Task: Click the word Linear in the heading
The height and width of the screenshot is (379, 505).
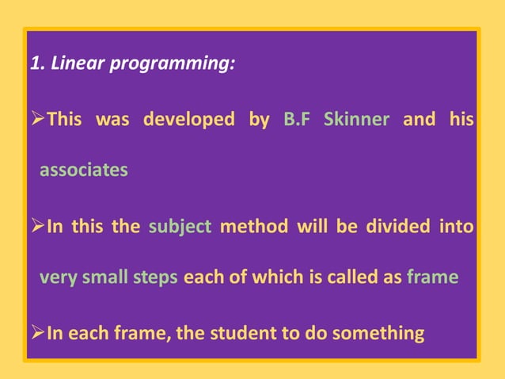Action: pyautogui.click(x=78, y=63)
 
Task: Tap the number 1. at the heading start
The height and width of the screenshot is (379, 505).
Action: pyautogui.click(x=37, y=63)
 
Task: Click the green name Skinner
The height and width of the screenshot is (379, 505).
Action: pyautogui.click(x=356, y=120)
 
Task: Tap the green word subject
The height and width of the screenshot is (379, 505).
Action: pyautogui.click(x=180, y=227)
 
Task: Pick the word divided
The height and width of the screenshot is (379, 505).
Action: pyautogui.click(x=395, y=227)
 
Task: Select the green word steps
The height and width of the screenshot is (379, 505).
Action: pyautogui.click(x=155, y=278)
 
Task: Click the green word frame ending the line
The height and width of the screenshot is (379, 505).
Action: pyautogui.click(x=432, y=278)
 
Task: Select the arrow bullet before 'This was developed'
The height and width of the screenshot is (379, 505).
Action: pyautogui.click(x=36, y=121)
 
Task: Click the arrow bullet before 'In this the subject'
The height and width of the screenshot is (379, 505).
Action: pyautogui.click(x=36, y=228)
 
